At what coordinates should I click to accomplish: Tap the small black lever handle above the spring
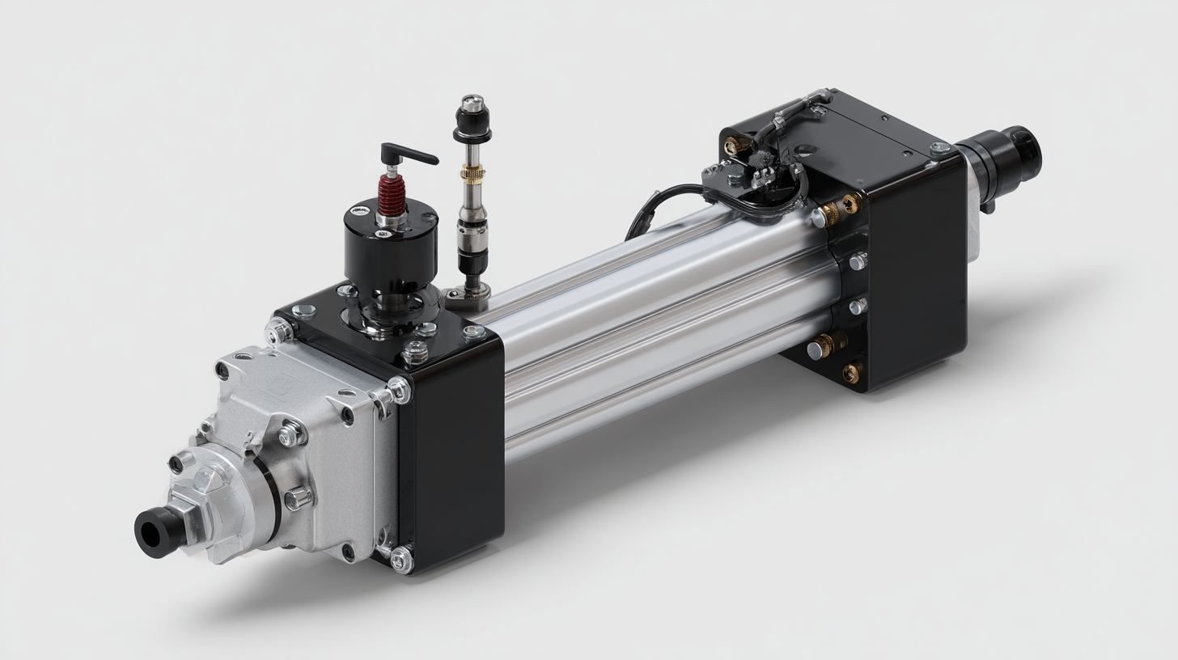point(408,153)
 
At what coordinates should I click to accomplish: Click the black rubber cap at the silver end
point(150,530)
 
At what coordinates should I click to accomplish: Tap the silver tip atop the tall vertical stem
point(471,103)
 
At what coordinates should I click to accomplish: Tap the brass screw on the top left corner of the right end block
point(737,146)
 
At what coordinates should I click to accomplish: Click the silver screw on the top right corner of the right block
point(939,149)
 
